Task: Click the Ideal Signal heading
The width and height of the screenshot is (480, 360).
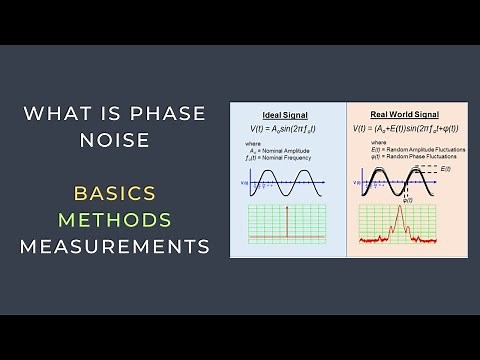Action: point(286,116)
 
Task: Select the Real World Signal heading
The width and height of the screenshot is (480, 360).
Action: point(405,116)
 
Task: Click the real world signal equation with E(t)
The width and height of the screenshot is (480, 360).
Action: point(404,129)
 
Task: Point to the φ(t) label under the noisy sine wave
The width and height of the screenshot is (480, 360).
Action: point(407,200)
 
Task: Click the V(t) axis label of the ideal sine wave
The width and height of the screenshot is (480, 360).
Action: point(244,183)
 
